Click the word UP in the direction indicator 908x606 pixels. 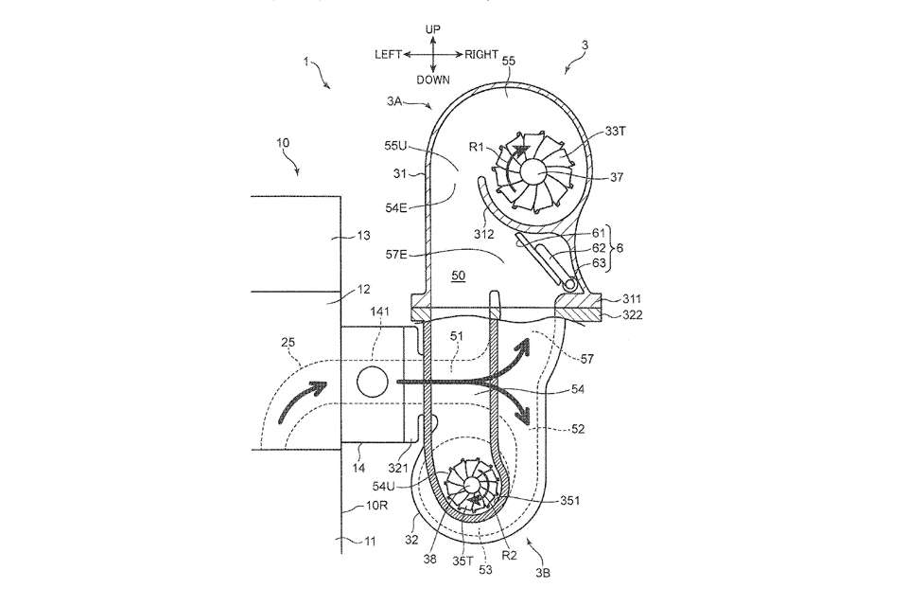(433, 30)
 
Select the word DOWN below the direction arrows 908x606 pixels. (433, 80)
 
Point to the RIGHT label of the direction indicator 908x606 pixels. (480, 55)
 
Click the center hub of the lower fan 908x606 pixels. (470, 487)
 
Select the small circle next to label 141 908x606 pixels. (371, 382)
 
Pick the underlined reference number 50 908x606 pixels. (458, 275)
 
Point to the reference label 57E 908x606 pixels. (398, 253)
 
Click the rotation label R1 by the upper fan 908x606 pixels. (479, 147)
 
